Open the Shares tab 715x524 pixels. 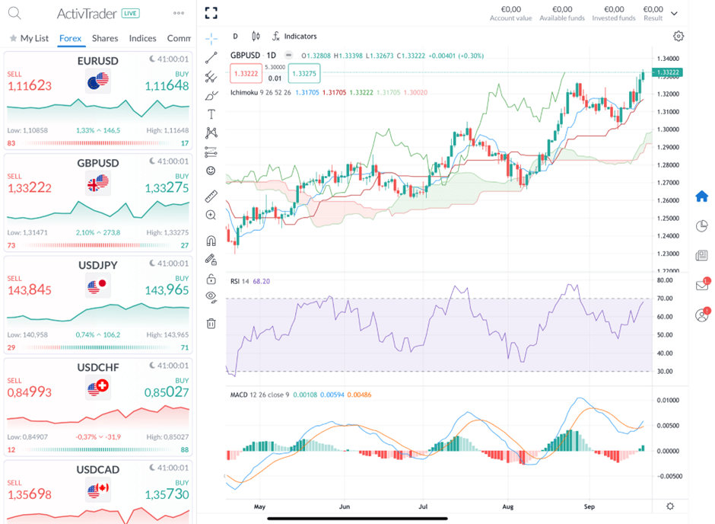(105, 38)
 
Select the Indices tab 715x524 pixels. (142, 38)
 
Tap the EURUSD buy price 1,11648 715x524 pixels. (167, 86)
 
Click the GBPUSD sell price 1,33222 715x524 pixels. (30, 188)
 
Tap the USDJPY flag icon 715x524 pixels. (98, 286)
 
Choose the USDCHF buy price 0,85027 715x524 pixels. (167, 392)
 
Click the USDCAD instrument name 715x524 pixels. (97, 469)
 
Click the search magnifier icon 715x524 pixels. (14, 13)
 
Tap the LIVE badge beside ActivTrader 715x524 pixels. (130, 14)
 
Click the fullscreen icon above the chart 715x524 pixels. (211, 13)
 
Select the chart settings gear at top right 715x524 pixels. (678, 37)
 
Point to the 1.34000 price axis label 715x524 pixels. (669, 59)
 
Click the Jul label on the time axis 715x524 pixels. (423, 506)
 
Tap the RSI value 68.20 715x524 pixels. (261, 281)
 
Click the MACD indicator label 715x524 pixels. (240, 395)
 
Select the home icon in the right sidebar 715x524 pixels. (701, 196)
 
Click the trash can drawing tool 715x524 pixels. (211, 323)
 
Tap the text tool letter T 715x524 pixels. (211, 114)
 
